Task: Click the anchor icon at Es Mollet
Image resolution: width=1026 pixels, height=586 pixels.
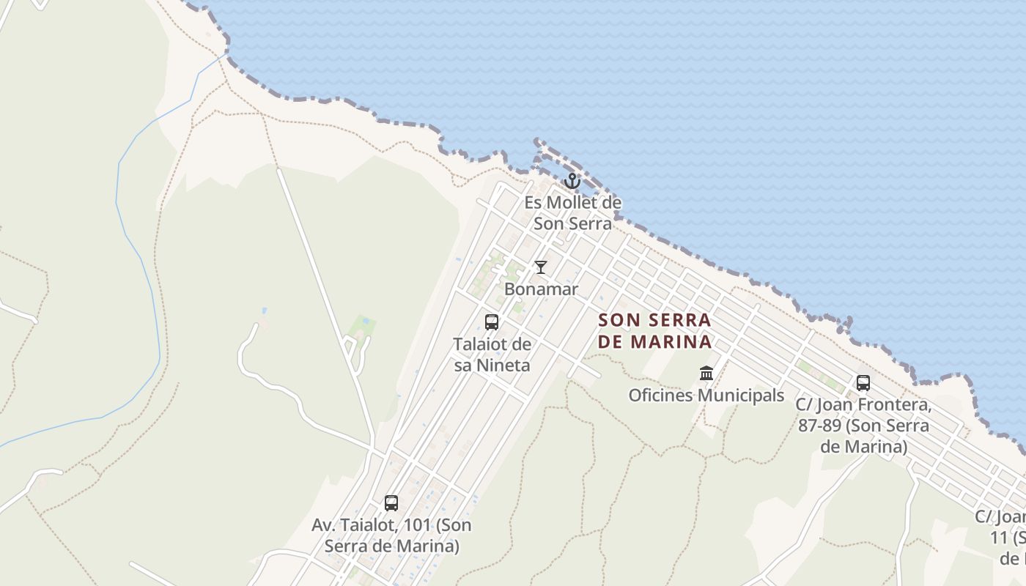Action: (x=572, y=181)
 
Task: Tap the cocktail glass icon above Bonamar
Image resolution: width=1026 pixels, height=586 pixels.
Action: (x=541, y=267)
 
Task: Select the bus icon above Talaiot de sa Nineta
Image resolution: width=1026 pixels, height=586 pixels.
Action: (x=492, y=322)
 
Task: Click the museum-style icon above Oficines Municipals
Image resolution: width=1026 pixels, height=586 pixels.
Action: (x=706, y=374)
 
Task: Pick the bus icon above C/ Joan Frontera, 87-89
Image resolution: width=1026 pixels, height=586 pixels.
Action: (x=863, y=383)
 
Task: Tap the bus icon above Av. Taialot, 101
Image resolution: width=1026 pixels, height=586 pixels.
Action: (x=391, y=503)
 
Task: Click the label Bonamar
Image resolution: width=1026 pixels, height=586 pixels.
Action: (x=541, y=289)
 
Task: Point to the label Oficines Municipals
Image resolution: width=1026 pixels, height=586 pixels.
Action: (x=706, y=396)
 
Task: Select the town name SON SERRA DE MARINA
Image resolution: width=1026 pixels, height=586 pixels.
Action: (x=655, y=331)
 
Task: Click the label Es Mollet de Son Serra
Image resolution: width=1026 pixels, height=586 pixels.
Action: (x=572, y=213)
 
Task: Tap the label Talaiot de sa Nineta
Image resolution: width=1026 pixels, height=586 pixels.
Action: (x=492, y=355)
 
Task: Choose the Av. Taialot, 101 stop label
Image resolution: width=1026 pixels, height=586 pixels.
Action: (x=391, y=535)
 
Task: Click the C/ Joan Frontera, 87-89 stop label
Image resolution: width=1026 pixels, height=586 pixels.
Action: (x=863, y=426)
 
